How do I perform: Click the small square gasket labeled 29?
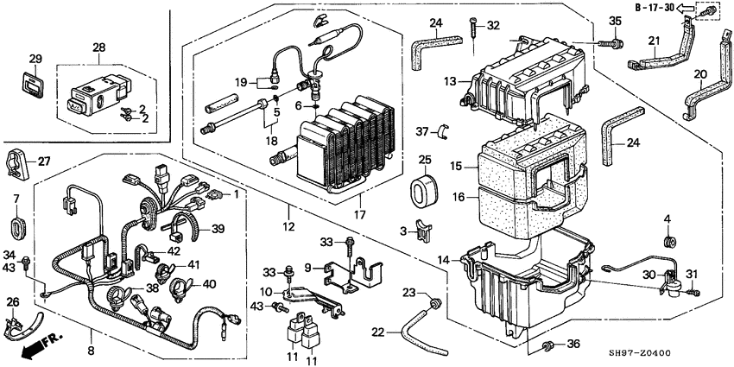pos(35,86)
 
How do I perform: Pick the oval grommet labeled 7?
pos(16,229)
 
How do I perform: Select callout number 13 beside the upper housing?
pos(449,81)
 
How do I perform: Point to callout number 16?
pos(459,198)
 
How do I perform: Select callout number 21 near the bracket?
pos(654,41)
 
